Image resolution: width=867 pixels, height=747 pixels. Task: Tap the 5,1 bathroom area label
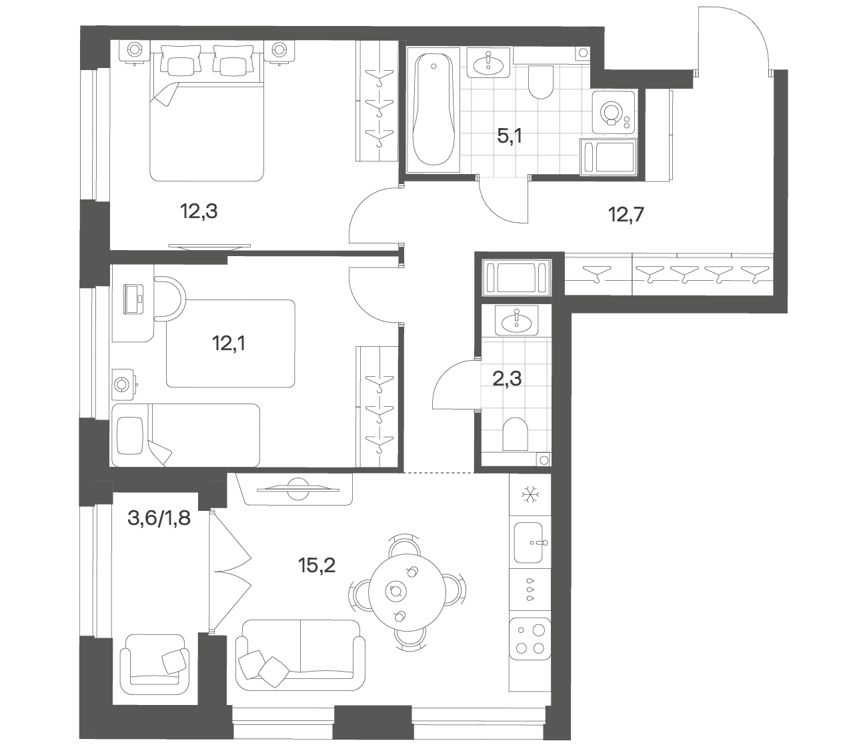tap(510, 136)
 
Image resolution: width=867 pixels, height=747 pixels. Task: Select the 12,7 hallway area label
tap(626, 215)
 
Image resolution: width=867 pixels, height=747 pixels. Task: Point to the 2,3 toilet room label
tap(507, 379)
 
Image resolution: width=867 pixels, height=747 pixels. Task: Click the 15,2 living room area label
tap(317, 566)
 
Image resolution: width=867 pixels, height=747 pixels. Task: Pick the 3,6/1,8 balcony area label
tap(159, 518)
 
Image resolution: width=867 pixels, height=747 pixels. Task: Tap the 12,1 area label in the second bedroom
tap(229, 343)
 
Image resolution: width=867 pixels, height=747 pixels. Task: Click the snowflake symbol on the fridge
tap(530, 496)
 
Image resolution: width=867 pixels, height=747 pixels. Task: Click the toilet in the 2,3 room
tap(515, 434)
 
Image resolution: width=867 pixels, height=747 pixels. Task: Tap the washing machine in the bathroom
tap(614, 112)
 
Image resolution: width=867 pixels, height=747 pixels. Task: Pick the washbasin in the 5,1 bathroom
tap(489, 63)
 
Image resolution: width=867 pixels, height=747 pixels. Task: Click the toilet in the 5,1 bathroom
tap(541, 82)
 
